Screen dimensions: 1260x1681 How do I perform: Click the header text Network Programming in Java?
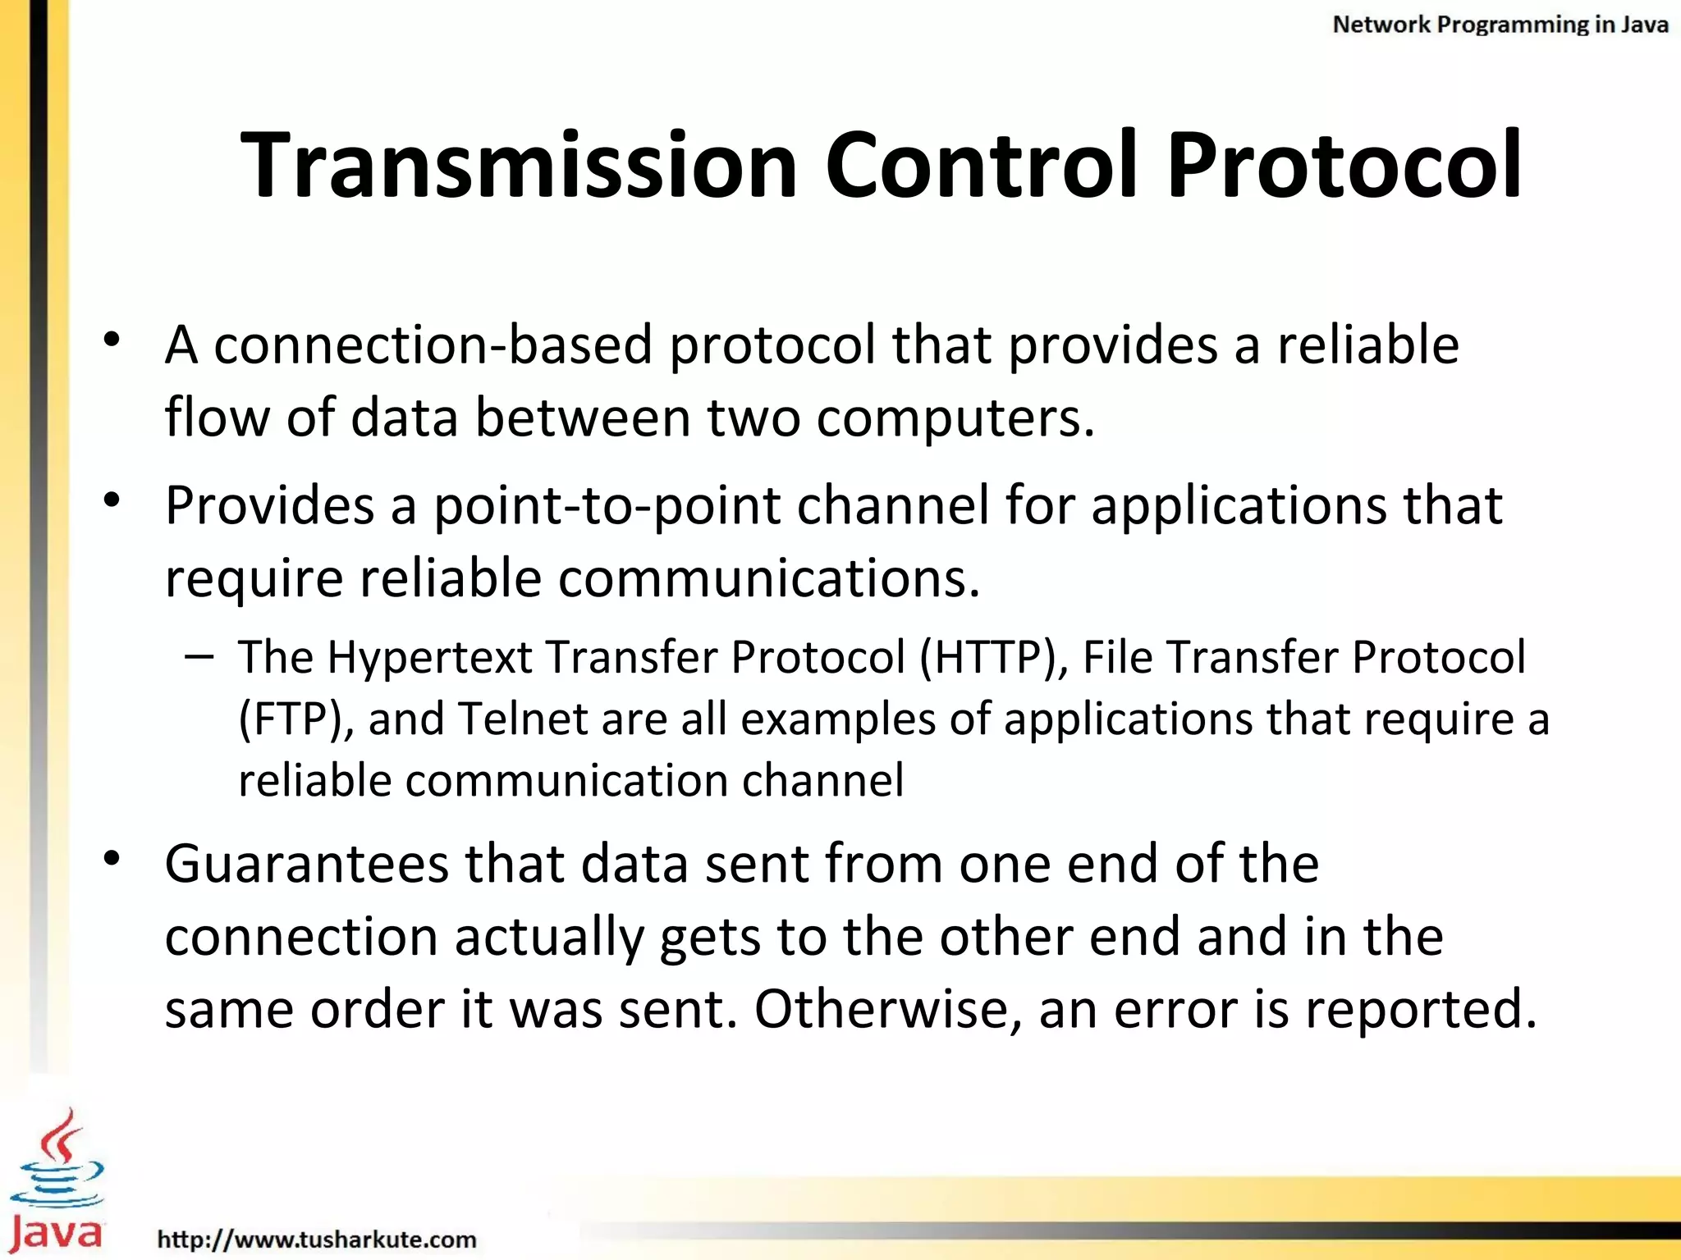pyautogui.click(x=1500, y=25)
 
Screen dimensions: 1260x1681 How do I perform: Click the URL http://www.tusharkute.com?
pyautogui.click(x=317, y=1239)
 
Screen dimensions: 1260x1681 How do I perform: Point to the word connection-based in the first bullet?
pyautogui.click(x=433, y=345)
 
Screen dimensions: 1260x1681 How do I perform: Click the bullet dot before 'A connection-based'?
pyautogui.click(x=112, y=339)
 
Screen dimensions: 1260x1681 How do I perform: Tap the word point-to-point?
pyautogui.click(x=607, y=505)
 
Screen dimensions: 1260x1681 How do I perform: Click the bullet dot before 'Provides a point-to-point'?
pyautogui.click(x=112, y=500)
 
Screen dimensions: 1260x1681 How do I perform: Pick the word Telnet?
pyautogui.click(x=522, y=719)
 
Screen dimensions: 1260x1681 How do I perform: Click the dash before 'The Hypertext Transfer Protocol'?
pyautogui.click(x=199, y=656)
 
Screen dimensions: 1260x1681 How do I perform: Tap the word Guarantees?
pyautogui.click(x=306, y=865)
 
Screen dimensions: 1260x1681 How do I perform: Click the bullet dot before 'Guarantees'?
pyautogui.click(x=112, y=858)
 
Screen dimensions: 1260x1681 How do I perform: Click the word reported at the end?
pyautogui.click(x=1420, y=1011)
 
